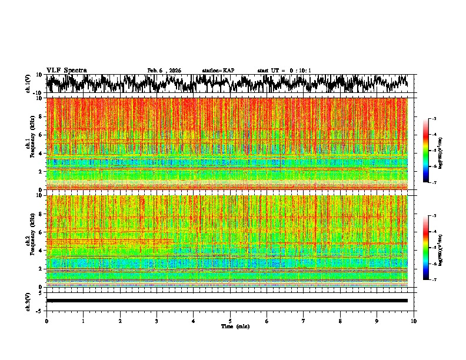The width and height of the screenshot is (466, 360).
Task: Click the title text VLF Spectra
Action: click(x=66, y=71)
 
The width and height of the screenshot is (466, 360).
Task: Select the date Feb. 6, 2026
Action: click(x=164, y=71)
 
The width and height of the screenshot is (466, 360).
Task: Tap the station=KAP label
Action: click(x=218, y=71)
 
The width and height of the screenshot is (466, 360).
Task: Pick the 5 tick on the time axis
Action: click(x=230, y=321)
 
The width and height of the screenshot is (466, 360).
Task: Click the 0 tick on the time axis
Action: click(x=46, y=321)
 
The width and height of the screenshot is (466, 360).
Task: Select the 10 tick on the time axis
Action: click(x=414, y=321)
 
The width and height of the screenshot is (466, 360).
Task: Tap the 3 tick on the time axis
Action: click(x=157, y=321)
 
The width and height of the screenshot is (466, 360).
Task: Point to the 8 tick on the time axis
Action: click(x=341, y=321)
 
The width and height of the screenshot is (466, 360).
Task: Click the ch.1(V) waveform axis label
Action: click(x=29, y=84)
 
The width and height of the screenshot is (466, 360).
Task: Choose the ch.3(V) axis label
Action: click(x=29, y=301)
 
